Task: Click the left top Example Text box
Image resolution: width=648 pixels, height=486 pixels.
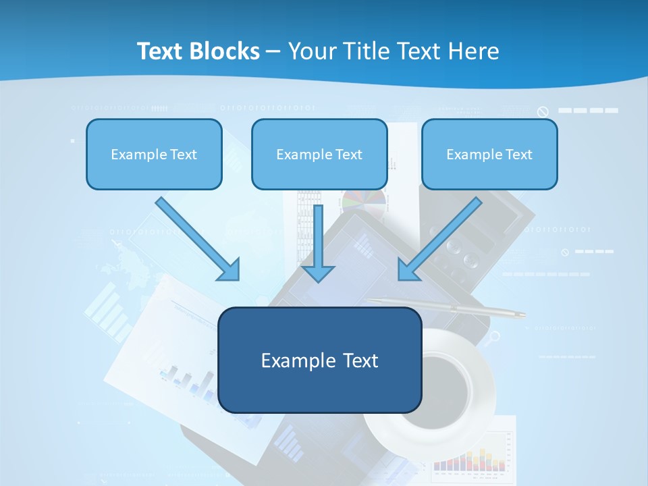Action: (x=154, y=155)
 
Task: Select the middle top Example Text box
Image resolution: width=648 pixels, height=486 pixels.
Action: (x=319, y=155)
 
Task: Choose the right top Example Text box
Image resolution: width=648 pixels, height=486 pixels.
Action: (x=489, y=155)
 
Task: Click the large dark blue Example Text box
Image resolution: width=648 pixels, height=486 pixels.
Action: (x=319, y=360)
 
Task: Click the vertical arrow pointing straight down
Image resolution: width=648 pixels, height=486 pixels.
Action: (x=318, y=243)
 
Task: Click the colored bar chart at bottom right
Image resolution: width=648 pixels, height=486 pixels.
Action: (x=473, y=459)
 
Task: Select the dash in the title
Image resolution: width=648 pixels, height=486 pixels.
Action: (x=273, y=51)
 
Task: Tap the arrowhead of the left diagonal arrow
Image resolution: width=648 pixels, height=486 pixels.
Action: (x=230, y=270)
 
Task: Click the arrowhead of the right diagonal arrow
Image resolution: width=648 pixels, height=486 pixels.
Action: (x=408, y=269)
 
